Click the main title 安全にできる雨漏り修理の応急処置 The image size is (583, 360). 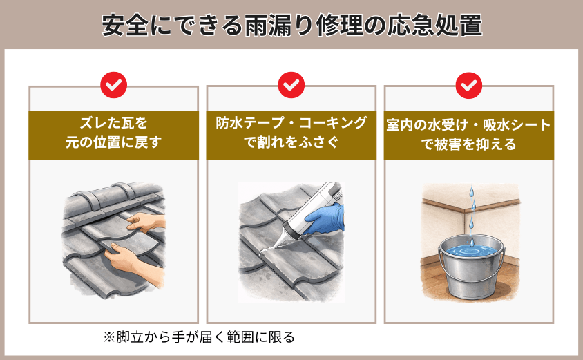point(292,26)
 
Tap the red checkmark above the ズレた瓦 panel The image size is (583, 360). point(114,85)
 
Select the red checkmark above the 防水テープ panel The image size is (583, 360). point(291,85)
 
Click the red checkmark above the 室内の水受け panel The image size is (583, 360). point(469,85)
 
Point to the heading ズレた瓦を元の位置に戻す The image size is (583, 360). point(114,133)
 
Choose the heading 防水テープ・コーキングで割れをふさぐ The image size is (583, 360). point(291,133)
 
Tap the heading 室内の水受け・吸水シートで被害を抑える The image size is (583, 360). point(469,134)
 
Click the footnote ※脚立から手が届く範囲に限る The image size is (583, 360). point(199,337)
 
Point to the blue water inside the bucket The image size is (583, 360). point(471,251)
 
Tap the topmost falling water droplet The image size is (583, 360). point(472,191)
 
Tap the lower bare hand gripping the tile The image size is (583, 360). point(135,264)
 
